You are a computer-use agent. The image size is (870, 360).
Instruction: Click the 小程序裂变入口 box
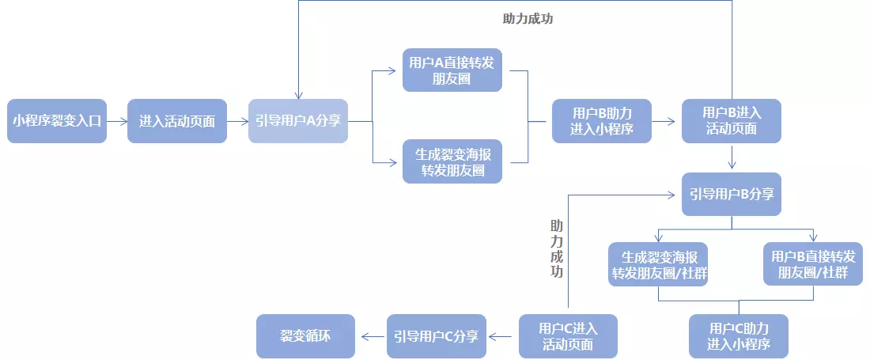pos(57,121)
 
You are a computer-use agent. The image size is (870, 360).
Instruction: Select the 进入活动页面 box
pos(177,121)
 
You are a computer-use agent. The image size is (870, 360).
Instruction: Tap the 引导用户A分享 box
pos(298,121)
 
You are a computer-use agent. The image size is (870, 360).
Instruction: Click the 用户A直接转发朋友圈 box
pos(452,70)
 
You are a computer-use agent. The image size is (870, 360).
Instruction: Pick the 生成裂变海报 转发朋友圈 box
pos(452,161)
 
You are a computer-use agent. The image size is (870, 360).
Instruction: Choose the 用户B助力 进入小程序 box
pos(602,121)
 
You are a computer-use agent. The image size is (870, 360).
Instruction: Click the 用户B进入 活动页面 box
pos(732,121)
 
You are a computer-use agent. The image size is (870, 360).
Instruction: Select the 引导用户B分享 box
pos(732,194)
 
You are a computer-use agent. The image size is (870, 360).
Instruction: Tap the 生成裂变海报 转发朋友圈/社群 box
pos(658,264)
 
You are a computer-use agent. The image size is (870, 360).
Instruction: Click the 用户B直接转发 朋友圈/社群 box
pos(813,264)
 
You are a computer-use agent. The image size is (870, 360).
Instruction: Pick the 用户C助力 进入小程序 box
pos(739,336)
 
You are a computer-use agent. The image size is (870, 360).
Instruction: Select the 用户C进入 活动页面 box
pos(568,336)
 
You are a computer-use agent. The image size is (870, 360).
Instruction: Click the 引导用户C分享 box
pos(436,336)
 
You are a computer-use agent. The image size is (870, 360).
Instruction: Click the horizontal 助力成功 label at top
pos(528,19)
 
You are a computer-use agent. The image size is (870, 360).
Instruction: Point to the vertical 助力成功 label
pos(557,248)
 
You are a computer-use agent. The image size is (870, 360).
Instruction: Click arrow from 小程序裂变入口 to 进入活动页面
pos(117,121)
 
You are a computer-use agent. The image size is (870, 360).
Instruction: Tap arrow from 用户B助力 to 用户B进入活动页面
pos(667,121)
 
